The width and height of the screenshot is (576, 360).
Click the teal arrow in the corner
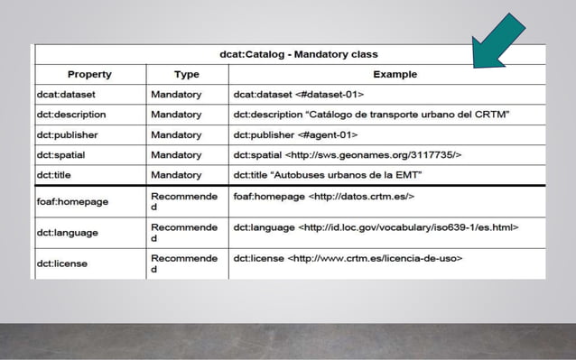coord(499,42)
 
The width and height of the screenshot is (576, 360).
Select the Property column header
coord(89,74)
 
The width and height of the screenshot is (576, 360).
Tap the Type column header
coord(186,74)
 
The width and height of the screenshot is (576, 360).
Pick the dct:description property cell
coord(71,115)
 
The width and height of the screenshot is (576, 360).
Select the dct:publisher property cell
coord(67,134)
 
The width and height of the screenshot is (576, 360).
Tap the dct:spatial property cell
coord(61,155)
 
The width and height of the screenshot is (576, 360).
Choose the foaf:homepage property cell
coord(72,201)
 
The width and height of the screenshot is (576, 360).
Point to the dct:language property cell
coord(68,233)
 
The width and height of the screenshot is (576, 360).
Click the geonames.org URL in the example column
coord(373,155)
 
